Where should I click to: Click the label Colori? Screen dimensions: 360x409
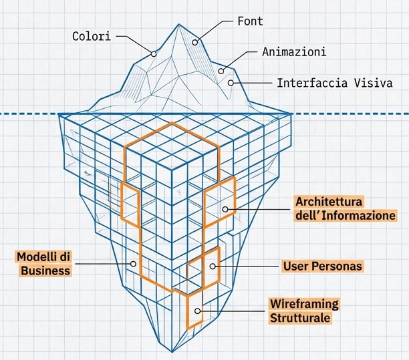tap(92, 35)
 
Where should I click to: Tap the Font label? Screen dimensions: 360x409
tap(250, 21)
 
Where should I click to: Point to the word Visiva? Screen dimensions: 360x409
tap(374, 83)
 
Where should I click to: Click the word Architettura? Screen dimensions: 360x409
tap(329, 202)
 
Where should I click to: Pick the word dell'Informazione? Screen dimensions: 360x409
tap(346, 215)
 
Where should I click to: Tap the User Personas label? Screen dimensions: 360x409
tap(323, 266)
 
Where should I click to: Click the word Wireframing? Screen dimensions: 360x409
tap(303, 304)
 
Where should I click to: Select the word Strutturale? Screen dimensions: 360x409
tap(300, 318)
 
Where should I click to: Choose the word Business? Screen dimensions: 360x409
tap(45, 270)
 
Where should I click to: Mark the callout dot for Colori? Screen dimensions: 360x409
tap(154, 53)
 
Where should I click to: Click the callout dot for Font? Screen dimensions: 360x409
tap(196, 42)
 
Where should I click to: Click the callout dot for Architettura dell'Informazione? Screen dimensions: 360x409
tap(225, 209)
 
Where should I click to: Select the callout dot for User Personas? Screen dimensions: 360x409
tap(213, 266)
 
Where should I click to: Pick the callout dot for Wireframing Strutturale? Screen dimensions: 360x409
tap(198, 311)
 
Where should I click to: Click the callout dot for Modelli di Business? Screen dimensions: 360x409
tap(133, 264)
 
